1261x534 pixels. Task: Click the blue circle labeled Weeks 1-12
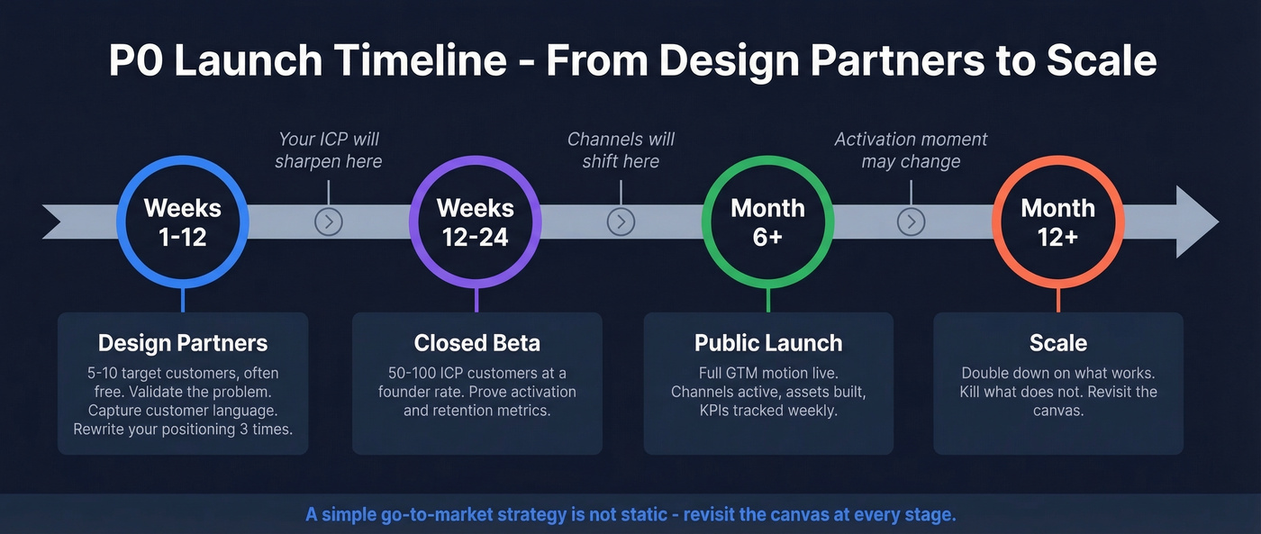tap(183, 222)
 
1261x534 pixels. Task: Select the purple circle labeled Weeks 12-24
tap(475, 222)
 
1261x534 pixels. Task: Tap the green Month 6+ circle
tap(767, 222)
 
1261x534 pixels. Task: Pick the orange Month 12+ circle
tap(1058, 222)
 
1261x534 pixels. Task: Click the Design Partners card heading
tap(183, 343)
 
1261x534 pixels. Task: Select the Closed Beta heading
tap(476, 343)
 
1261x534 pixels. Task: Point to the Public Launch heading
tap(768, 343)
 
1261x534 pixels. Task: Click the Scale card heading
tap(1058, 343)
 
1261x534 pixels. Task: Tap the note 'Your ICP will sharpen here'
tap(329, 150)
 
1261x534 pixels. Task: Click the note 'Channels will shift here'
tap(621, 150)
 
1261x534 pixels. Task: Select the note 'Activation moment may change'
tap(911, 150)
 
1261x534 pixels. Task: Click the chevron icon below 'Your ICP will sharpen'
tap(329, 222)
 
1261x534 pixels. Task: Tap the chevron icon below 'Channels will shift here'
tap(621, 222)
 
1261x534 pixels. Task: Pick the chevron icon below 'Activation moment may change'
tap(911, 222)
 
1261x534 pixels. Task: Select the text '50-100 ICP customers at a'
tap(476, 373)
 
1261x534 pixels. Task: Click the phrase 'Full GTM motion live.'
tap(768, 373)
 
